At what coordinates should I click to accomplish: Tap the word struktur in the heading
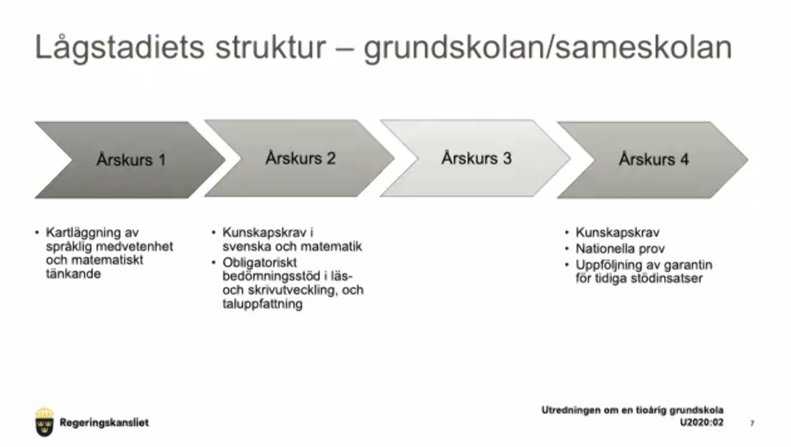tap(270, 47)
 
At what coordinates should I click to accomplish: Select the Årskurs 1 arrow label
tap(131, 160)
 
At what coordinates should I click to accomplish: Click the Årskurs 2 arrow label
tap(301, 158)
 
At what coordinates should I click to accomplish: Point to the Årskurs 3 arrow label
tap(477, 158)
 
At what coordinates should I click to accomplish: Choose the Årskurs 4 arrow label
tap(654, 159)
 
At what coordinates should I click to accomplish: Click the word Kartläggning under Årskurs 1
tap(83, 233)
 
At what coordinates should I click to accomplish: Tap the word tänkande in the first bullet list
tap(73, 274)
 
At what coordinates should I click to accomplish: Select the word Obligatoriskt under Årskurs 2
tap(260, 262)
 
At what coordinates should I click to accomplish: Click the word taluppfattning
tap(262, 304)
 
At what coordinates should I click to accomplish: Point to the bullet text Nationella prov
tap(620, 249)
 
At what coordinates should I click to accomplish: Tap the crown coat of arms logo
tap(44, 422)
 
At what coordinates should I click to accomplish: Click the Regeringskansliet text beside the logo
tap(104, 423)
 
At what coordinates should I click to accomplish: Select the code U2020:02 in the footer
tap(702, 422)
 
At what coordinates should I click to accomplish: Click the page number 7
tap(752, 423)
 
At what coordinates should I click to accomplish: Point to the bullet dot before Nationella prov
tap(567, 249)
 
